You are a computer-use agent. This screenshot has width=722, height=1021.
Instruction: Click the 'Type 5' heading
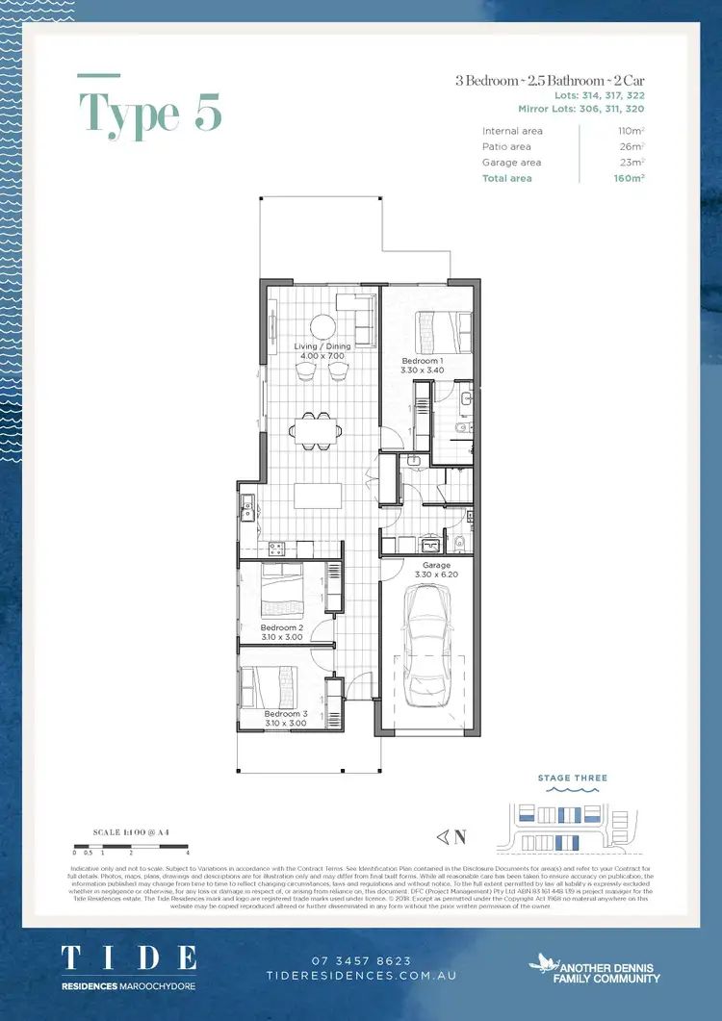(x=150, y=113)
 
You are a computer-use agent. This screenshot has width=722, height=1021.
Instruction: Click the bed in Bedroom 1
(x=442, y=333)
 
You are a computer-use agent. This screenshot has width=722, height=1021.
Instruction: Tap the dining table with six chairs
(x=316, y=429)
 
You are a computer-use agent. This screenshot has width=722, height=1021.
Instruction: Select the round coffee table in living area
(x=322, y=327)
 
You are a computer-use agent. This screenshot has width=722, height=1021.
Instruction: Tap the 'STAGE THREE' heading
(x=573, y=778)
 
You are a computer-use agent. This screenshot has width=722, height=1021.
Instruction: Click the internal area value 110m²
(x=631, y=131)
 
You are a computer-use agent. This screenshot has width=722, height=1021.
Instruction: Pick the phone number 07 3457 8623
(x=361, y=960)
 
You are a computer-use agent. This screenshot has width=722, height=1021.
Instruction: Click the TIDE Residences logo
(x=129, y=963)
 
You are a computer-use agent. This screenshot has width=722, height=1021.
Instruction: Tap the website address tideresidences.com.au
(x=361, y=976)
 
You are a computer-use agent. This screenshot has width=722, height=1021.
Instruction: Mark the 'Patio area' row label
(x=506, y=147)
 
